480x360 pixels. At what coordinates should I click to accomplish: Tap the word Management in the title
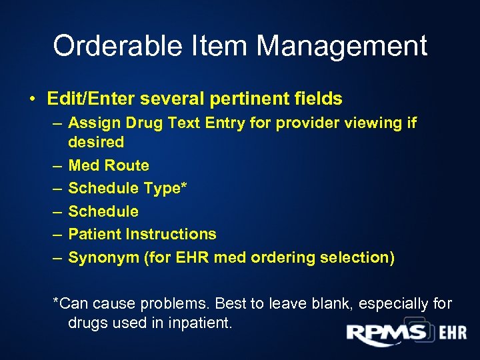tap(342, 46)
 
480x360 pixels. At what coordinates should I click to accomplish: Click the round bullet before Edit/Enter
tap(32, 100)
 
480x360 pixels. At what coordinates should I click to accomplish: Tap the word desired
tap(96, 141)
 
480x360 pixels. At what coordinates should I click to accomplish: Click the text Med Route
tap(109, 165)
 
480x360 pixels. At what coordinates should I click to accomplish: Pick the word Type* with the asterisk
tap(166, 188)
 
